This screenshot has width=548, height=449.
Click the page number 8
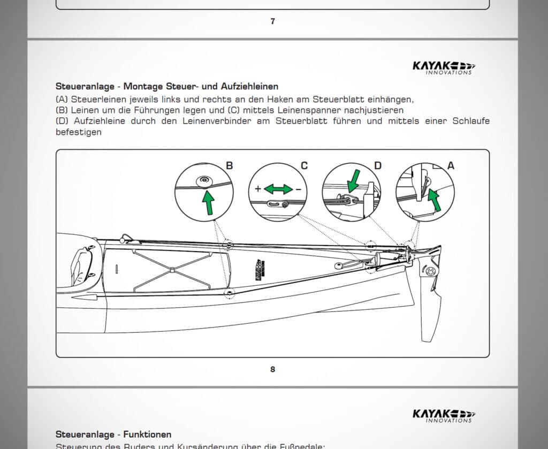point(272,369)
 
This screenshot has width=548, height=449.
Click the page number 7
point(272,21)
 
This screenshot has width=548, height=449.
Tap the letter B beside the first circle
point(229,166)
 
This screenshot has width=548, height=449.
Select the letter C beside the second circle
point(304,166)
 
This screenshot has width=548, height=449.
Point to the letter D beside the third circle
point(377,166)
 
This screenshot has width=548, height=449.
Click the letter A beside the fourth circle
point(451,166)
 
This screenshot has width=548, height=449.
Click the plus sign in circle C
point(258,189)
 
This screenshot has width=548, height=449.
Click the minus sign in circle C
point(298,189)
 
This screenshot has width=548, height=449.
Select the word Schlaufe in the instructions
point(471,121)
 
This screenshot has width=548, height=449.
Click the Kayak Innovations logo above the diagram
point(443,67)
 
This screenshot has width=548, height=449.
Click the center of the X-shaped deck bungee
point(172,271)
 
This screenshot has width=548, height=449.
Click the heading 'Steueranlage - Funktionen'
point(113,434)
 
